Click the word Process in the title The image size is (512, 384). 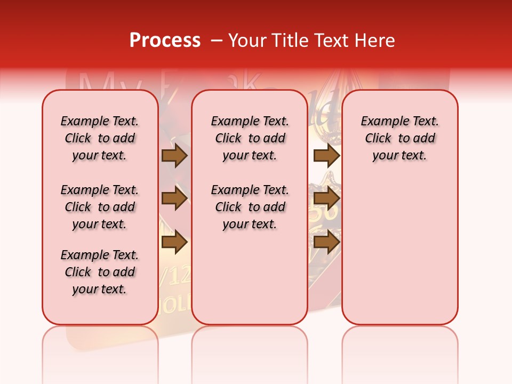click(x=164, y=41)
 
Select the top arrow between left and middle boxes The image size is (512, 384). click(x=174, y=155)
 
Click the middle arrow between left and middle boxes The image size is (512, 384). click(x=174, y=198)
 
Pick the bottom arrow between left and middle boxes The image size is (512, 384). click(x=174, y=242)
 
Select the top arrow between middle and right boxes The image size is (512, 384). click(x=326, y=155)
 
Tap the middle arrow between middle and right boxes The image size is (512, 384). click(x=326, y=198)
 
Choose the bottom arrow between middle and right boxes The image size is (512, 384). click(x=326, y=242)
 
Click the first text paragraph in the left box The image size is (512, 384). click(x=100, y=138)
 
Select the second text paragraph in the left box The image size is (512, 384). click(x=100, y=207)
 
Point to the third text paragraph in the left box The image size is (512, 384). click(x=100, y=272)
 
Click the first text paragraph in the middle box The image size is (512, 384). click(x=250, y=138)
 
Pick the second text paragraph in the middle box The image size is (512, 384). click(x=250, y=207)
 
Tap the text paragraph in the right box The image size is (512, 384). click(x=399, y=138)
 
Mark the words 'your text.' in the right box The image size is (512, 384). click(x=399, y=156)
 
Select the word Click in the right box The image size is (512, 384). click(x=378, y=139)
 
